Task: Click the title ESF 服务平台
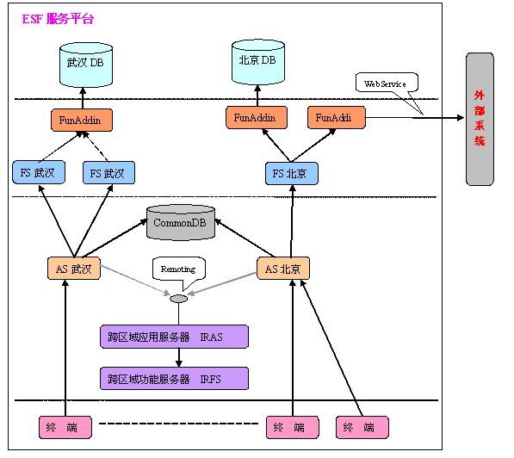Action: pos(58,19)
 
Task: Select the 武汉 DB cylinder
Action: pos(86,65)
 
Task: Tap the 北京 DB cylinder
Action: pos(258,62)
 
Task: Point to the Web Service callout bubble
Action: pos(387,83)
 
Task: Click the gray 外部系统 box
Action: pos(480,119)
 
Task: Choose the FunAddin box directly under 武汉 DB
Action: pos(82,121)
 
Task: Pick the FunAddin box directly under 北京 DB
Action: pos(257,117)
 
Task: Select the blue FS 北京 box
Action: pos(291,173)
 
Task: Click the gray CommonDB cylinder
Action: pos(181,223)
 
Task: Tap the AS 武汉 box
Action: pos(74,269)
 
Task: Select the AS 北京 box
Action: pos(283,269)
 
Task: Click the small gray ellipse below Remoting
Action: pos(179,299)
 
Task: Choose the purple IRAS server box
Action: pos(174,337)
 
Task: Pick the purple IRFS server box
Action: pos(174,378)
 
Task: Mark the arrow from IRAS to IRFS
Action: pos(179,357)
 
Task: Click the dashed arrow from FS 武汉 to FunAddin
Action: pos(96,146)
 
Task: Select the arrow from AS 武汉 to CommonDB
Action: pos(115,238)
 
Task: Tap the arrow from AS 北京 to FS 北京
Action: pos(292,221)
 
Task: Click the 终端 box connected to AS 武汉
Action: pos(65,427)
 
